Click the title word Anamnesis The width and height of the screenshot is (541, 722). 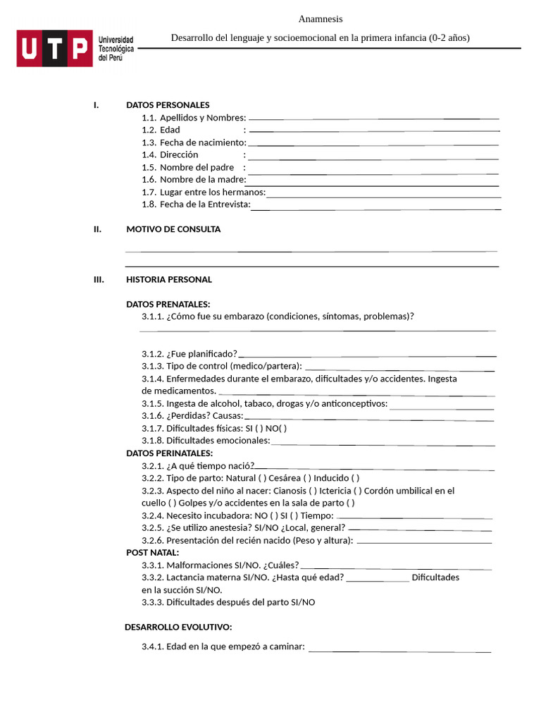(321, 19)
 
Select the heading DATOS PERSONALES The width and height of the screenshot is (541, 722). (168, 105)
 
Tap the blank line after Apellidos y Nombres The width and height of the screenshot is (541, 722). (373, 118)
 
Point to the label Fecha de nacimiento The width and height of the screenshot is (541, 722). (203, 142)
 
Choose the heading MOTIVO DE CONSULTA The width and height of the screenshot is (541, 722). (173, 229)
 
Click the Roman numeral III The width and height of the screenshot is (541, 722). (99, 279)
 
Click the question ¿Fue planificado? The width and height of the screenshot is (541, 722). (201, 353)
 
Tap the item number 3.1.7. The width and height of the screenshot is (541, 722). (153, 428)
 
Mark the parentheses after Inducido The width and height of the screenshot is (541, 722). (355, 478)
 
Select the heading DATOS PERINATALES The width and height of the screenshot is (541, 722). (169, 453)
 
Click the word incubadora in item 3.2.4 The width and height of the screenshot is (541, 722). (227, 515)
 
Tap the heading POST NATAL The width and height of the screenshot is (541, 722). (152, 552)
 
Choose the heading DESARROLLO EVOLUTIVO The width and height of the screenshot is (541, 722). (178, 627)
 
